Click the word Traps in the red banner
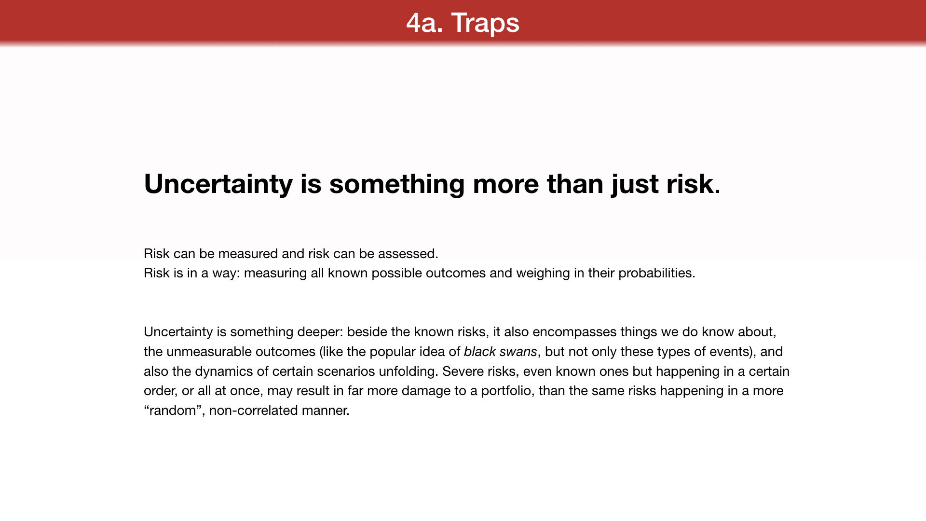(x=485, y=23)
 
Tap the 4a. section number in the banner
(x=424, y=23)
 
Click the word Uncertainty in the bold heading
(x=218, y=184)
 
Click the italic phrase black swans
(x=501, y=352)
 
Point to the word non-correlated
(x=254, y=411)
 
